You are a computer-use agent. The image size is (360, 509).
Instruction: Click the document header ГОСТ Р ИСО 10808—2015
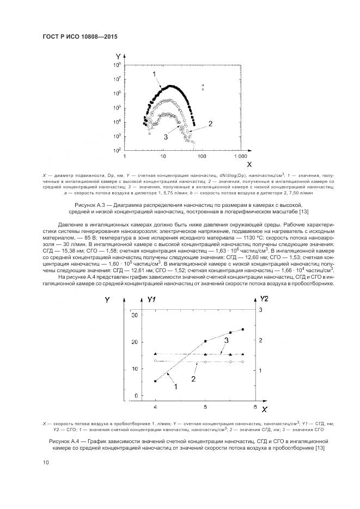(80, 36)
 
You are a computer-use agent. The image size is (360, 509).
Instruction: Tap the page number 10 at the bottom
(45, 463)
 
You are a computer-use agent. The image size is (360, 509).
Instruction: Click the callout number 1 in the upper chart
(154, 73)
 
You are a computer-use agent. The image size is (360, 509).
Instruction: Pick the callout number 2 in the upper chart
(210, 124)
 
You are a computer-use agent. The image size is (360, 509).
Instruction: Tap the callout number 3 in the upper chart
(164, 138)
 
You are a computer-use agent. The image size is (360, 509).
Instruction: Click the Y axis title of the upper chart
(118, 56)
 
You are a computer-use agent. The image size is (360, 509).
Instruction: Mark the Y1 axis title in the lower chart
(152, 299)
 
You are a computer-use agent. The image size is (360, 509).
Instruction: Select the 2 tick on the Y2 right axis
(260, 340)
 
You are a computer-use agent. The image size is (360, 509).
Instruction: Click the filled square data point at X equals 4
(156, 381)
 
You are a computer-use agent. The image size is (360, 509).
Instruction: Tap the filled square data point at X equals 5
(205, 341)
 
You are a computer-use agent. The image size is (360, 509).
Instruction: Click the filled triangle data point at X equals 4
(156, 353)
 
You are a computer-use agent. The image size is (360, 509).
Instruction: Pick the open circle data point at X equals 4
(156, 360)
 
